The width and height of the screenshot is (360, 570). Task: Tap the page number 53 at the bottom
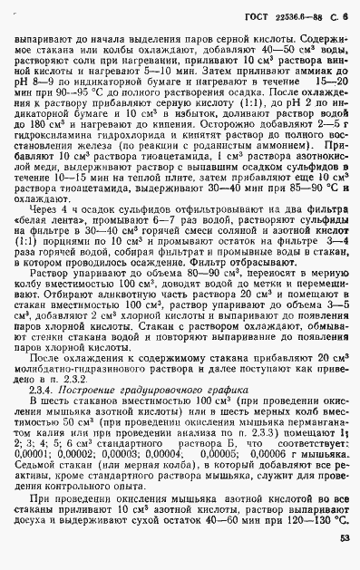(x=345, y=537)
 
